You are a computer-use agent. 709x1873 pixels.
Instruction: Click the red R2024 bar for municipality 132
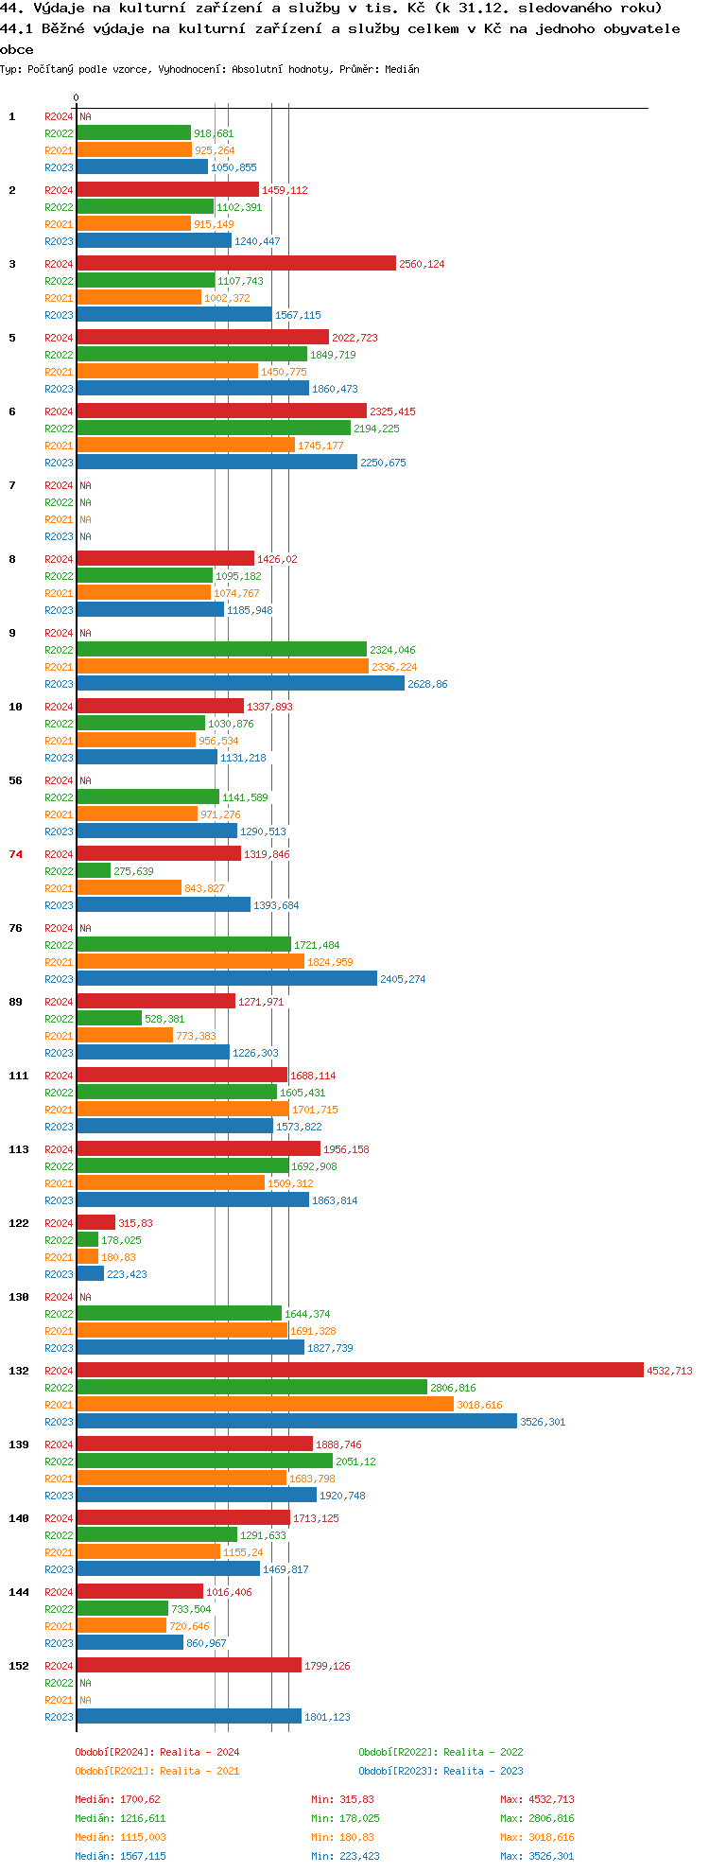359,1371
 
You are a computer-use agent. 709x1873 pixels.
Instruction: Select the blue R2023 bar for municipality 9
240,684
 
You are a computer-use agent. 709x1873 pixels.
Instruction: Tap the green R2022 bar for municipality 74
94,871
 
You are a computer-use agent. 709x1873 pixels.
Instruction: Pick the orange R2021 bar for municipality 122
88,1257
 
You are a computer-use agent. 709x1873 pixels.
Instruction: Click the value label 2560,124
422,264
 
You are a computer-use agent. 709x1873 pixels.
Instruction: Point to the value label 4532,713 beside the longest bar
669,1371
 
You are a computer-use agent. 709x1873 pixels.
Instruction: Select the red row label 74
15,854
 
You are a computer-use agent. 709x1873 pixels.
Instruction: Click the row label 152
19,1666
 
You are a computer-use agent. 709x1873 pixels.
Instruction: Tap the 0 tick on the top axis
76,97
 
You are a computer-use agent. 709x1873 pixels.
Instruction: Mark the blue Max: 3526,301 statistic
537,1856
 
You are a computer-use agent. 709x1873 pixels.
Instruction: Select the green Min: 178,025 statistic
345,1818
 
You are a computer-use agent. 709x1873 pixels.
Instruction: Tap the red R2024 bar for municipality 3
236,264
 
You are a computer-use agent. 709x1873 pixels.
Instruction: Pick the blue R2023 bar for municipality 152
189,1717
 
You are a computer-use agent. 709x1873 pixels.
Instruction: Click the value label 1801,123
327,1717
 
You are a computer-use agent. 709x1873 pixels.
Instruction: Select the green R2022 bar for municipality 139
204,1462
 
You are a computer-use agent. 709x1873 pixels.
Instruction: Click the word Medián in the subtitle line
402,69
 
